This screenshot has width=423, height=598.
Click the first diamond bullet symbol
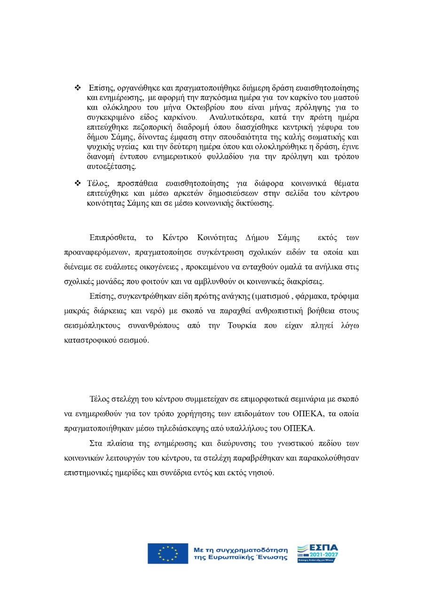[x=78, y=88]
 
